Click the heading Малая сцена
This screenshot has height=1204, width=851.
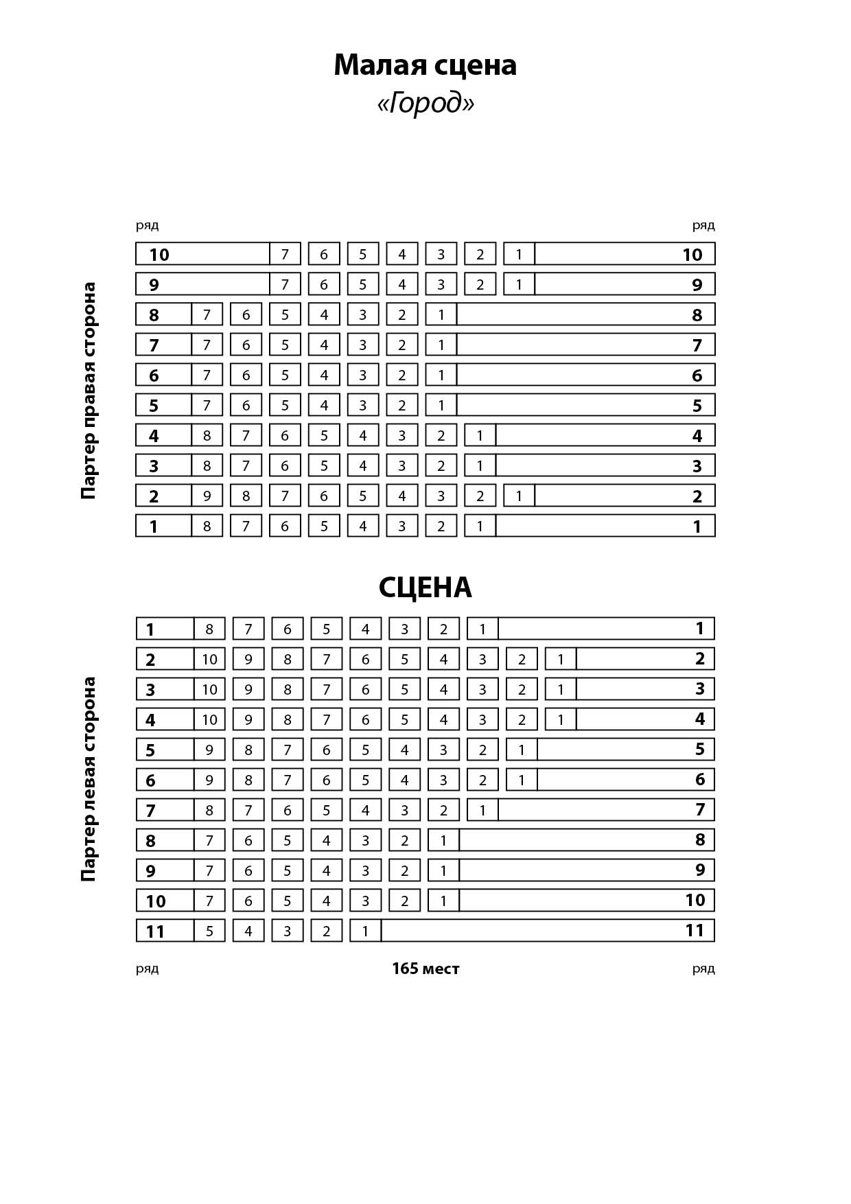click(x=425, y=65)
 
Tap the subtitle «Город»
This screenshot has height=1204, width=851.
click(x=425, y=104)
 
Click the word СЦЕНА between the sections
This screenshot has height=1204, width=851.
click(x=425, y=588)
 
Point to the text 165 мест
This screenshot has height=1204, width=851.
click(x=425, y=969)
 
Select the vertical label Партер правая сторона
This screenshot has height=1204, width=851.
click(x=89, y=391)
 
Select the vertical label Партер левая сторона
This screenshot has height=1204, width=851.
click(x=89, y=779)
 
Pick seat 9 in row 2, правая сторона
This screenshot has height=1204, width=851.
click(x=207, y=496)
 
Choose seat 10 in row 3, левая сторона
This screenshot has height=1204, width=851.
click(x=209, y=689)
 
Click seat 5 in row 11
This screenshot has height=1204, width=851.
click(x=209, y=931)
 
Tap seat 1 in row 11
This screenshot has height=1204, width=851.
click(x=365, y=931)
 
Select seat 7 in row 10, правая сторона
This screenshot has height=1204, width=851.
click(x=285, y=254)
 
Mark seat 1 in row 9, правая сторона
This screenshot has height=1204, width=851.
click(x=519, y=284)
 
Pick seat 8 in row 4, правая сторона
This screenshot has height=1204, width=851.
click(x=207, y=435)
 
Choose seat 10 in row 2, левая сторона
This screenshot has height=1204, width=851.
click(x=209, y=659)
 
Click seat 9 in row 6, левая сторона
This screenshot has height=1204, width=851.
click(x=209, y=780)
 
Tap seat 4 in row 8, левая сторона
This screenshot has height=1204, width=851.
click(x=327, y=840)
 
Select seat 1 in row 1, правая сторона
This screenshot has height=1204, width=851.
click(x=480, y=526)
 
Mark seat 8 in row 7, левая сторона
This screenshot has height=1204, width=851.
click(x=209, y=810)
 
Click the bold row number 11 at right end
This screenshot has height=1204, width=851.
click(x=695, y=931)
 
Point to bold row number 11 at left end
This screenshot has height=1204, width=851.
click(x=155, y=931)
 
